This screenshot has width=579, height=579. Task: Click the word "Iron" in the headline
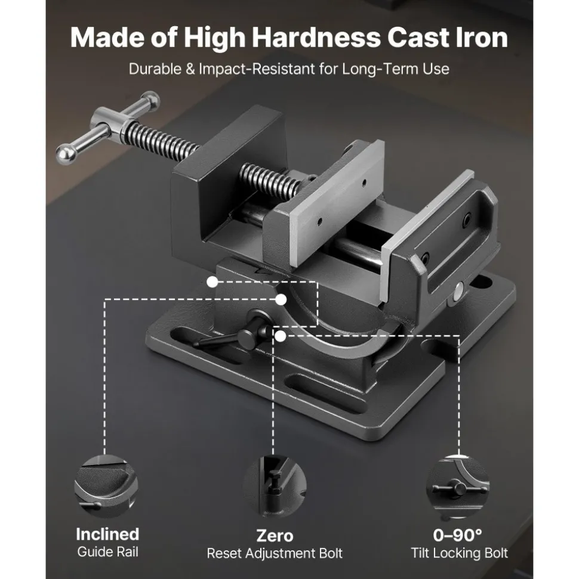tap(481, 38)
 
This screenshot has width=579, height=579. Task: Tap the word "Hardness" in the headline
tap(316, 38)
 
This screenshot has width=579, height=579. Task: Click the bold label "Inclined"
tap(107, 534)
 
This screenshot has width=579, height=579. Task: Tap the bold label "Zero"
tap(275, 536)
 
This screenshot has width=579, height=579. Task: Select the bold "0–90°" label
tap(457, 535)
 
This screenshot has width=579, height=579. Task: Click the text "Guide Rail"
tap(107, 552)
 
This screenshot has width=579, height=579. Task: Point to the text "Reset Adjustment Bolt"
tap(275, 553)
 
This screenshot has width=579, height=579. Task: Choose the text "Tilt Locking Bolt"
tap(459, 553)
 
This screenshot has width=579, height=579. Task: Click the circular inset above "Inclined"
tap(106, 487)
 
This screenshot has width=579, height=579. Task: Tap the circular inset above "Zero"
tap(275, 487)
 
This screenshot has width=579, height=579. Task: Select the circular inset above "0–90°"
tap(458, 487)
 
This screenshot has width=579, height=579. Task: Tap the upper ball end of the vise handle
tap(150, 100)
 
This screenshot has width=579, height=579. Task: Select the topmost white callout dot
tap(212, 282)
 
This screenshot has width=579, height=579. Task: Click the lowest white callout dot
tap(281, 336)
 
